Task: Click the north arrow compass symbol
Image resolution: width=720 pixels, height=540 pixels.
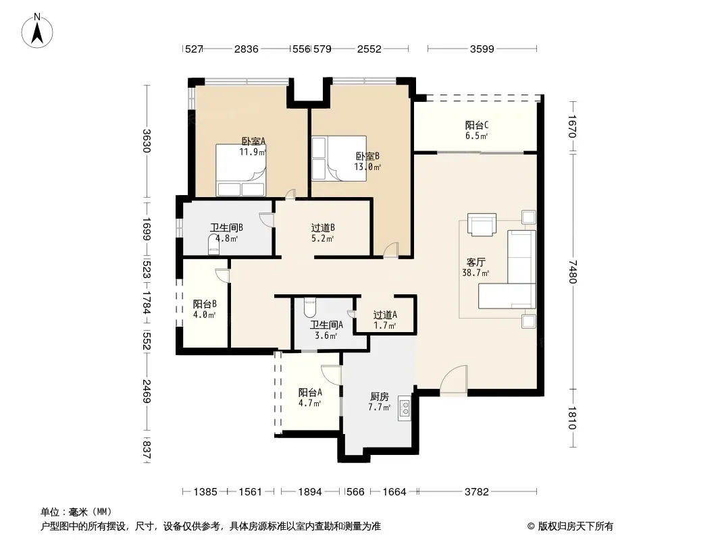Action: [37, 31]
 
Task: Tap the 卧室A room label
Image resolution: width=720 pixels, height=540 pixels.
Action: [254, 141]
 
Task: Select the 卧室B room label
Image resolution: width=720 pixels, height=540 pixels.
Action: [368, 157]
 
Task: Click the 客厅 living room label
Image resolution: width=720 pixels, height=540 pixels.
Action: [475, 263]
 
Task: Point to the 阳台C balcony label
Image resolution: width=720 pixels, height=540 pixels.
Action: [477, 126]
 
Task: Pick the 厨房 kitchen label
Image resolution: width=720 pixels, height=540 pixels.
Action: [380, 396]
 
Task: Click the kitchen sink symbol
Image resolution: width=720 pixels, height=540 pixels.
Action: [405, 408]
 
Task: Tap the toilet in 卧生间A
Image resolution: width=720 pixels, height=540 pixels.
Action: [309, 308]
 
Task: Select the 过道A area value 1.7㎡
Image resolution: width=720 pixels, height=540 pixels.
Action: [385, 325]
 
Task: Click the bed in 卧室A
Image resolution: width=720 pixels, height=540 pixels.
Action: [241, 170]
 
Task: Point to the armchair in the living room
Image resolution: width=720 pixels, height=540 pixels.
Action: [482, 225]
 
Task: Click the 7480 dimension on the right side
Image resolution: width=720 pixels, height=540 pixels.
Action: [572, 271]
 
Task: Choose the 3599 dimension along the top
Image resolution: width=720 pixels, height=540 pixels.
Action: [482, 49]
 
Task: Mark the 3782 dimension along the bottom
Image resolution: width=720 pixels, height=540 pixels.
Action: [477, 492]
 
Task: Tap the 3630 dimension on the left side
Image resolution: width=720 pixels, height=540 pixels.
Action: [147, 141]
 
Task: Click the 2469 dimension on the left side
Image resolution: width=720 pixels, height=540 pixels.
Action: [147, 391]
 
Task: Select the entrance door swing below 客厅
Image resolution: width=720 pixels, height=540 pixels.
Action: [454, 379]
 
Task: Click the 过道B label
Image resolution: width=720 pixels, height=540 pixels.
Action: [323, 228]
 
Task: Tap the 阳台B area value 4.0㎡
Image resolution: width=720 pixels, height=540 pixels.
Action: [205, 315]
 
